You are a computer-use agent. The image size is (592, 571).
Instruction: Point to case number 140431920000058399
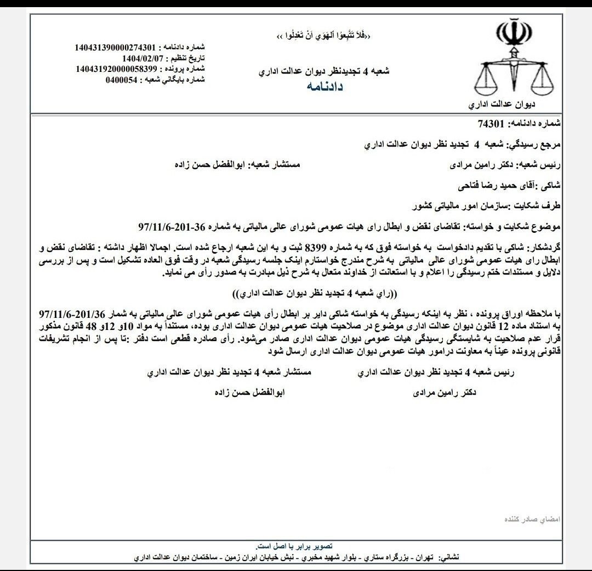click(117, 69)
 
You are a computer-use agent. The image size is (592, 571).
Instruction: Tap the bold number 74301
click(493, 124)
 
